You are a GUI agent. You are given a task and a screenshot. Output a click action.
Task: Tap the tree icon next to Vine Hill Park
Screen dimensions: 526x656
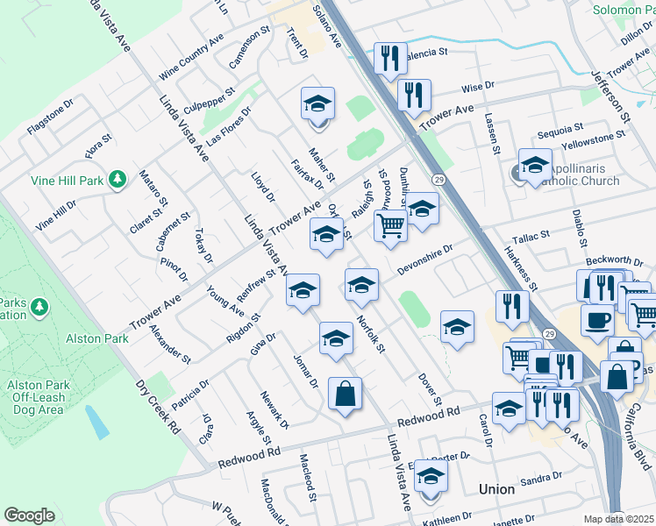[118, 180]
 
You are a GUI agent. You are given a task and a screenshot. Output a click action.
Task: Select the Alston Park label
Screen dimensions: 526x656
[97, 338]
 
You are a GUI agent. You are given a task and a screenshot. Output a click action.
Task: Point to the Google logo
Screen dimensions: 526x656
[29, 515]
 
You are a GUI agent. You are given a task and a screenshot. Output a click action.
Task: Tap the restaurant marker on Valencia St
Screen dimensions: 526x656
[389, 58]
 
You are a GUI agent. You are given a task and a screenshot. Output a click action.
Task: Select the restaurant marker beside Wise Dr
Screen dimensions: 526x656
[413, 95]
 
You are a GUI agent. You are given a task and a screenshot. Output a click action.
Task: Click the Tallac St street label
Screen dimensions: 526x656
[531, 235]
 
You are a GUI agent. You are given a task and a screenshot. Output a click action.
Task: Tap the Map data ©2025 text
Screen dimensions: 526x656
[618, 519]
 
